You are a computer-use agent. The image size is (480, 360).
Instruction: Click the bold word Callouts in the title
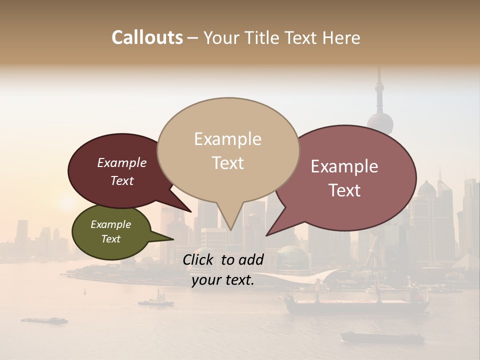click(x=147, y=37)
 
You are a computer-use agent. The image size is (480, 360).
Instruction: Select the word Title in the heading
click(x=263, y=37)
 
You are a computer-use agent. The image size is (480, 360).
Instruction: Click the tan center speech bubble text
click(x=228, y=151)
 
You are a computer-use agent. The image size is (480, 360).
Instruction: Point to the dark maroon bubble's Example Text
click(x=122, y=171)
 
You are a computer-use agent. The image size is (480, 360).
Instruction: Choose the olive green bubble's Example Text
click(x=111, y=231)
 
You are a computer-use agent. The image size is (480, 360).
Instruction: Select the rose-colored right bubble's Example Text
click(x=344, y=178)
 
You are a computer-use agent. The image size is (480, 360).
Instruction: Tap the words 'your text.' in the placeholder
click(x=223, y=280)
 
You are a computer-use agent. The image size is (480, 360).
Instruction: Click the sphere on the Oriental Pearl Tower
click(x=380, y=122)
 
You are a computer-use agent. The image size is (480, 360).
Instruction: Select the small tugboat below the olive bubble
click(x=156, y=301)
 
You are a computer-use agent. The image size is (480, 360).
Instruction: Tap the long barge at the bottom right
click(x=382, y=337)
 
